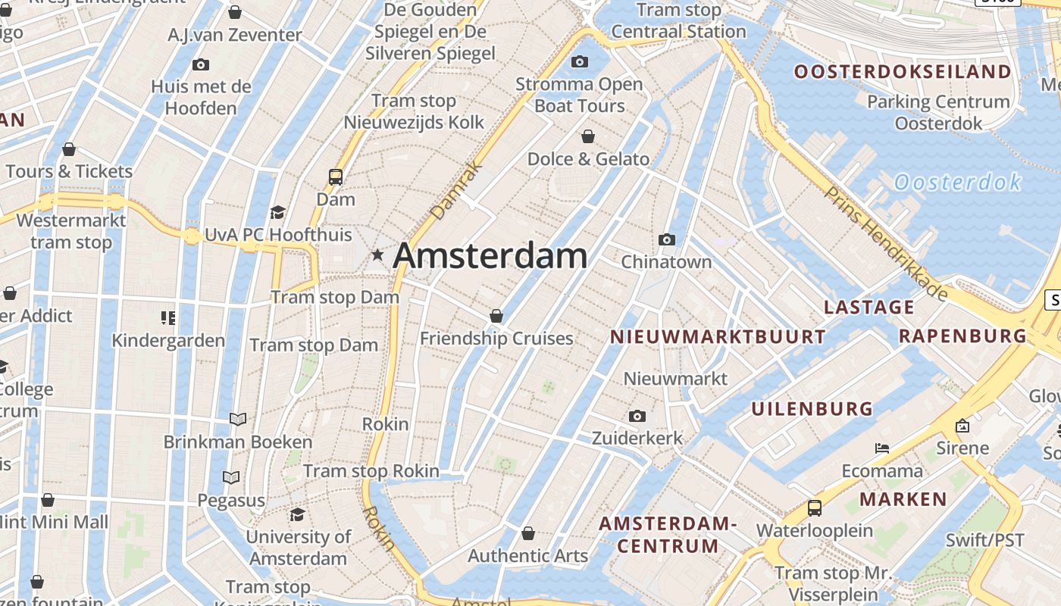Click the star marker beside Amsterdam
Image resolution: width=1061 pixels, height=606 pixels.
pyautogui.click(x=377, y=255)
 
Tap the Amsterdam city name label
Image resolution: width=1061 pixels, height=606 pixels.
pyautogui.click(x=490, y=255)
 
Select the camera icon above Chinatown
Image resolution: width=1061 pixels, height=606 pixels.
pyautogui.click(x=667, y=240)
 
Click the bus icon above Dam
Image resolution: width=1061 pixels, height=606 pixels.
pyautogui.click(x=336, y=177)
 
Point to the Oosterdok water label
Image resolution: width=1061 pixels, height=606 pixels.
pyautogui.click(x=958, y=183)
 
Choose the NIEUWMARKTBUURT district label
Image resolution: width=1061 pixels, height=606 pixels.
pyautogui.click(x=718, y=337)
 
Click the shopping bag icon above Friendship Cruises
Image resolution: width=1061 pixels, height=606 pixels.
pyautogui.click(x=496, y=316)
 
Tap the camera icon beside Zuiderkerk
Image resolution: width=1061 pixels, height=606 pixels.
pyautogui.click(x=637, y=416)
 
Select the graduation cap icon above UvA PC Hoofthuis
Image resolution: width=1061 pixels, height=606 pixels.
pyautogui.click(x=277, y=212)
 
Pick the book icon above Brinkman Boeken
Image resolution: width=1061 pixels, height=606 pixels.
pyautogui.click(x=238, y=419)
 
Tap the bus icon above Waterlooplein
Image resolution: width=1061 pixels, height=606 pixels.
pyautogui.click(x=815, y=508)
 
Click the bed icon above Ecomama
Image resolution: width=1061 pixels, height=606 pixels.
pyautogui.click(x=882, y=448)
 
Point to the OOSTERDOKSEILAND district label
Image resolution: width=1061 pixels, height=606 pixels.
pyautogui.click(x=903, y=72)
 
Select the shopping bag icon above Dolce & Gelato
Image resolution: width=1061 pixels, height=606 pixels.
pyautogui.click(x=588, y=136)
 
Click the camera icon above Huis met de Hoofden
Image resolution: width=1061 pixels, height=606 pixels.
pyautogui.click(x=201, y=65)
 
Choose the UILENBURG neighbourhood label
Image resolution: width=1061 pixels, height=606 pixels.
pyautogui.click(x=812, y=409)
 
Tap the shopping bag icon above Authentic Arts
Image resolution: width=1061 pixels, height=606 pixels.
pyautogui.click(x=528, y=533)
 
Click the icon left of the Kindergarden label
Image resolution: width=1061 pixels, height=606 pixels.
pyautogui.click(x=168, y=317)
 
